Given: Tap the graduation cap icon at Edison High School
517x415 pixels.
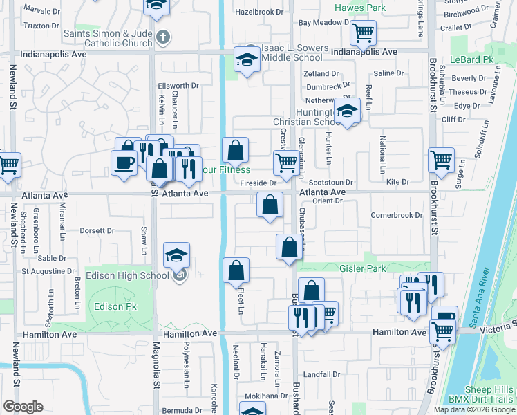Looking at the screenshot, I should [176, 256].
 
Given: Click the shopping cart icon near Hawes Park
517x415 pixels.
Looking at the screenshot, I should [362, 33].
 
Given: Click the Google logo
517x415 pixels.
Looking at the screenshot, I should [23, 407].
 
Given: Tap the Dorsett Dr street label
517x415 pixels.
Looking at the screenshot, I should [96, 231].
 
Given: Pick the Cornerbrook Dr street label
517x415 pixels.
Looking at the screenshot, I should [396, 215].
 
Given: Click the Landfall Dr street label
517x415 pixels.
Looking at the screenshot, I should [320, 375].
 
